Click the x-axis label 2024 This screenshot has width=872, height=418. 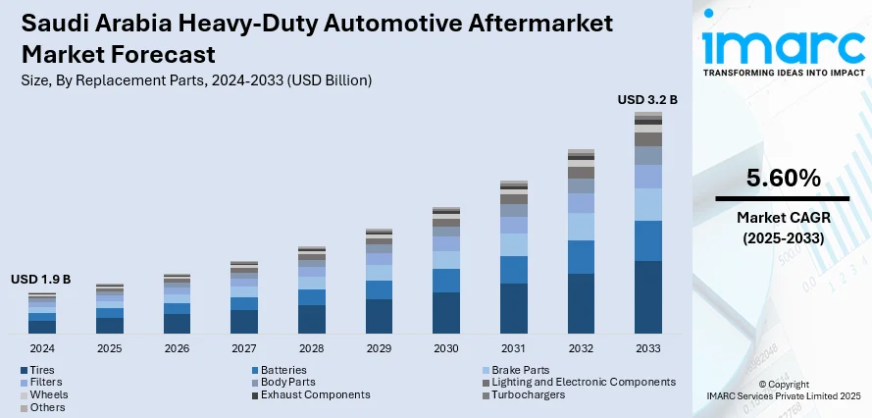42,348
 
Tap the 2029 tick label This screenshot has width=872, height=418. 379,348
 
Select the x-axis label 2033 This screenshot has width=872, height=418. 647,348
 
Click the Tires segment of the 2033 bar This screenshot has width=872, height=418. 647,297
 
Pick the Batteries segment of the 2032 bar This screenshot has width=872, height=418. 581,257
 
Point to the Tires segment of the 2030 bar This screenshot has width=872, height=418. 446,313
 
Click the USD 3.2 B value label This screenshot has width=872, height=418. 647,99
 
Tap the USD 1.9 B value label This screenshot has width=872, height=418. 41,280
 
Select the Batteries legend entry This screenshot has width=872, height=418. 284,369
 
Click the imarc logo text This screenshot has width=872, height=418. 783,44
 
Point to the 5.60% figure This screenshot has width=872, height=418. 783,179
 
